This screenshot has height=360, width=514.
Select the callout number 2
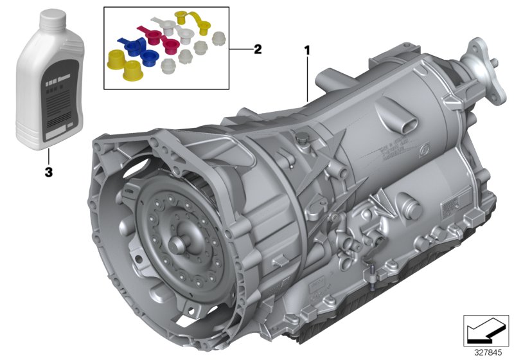coord(258,50)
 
